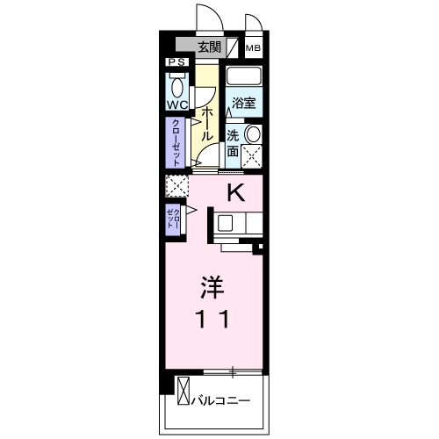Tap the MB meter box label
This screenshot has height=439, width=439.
253,48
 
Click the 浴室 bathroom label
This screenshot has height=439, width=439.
243,103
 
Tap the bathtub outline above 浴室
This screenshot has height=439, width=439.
244,77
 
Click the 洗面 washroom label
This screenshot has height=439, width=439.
233,143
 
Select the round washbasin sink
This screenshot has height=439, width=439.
253,133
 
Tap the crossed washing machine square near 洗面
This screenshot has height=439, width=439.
253,155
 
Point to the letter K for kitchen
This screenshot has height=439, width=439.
236,191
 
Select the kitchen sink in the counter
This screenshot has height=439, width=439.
226,223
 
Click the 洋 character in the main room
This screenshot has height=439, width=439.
212,287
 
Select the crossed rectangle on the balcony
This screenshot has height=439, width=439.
183,392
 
